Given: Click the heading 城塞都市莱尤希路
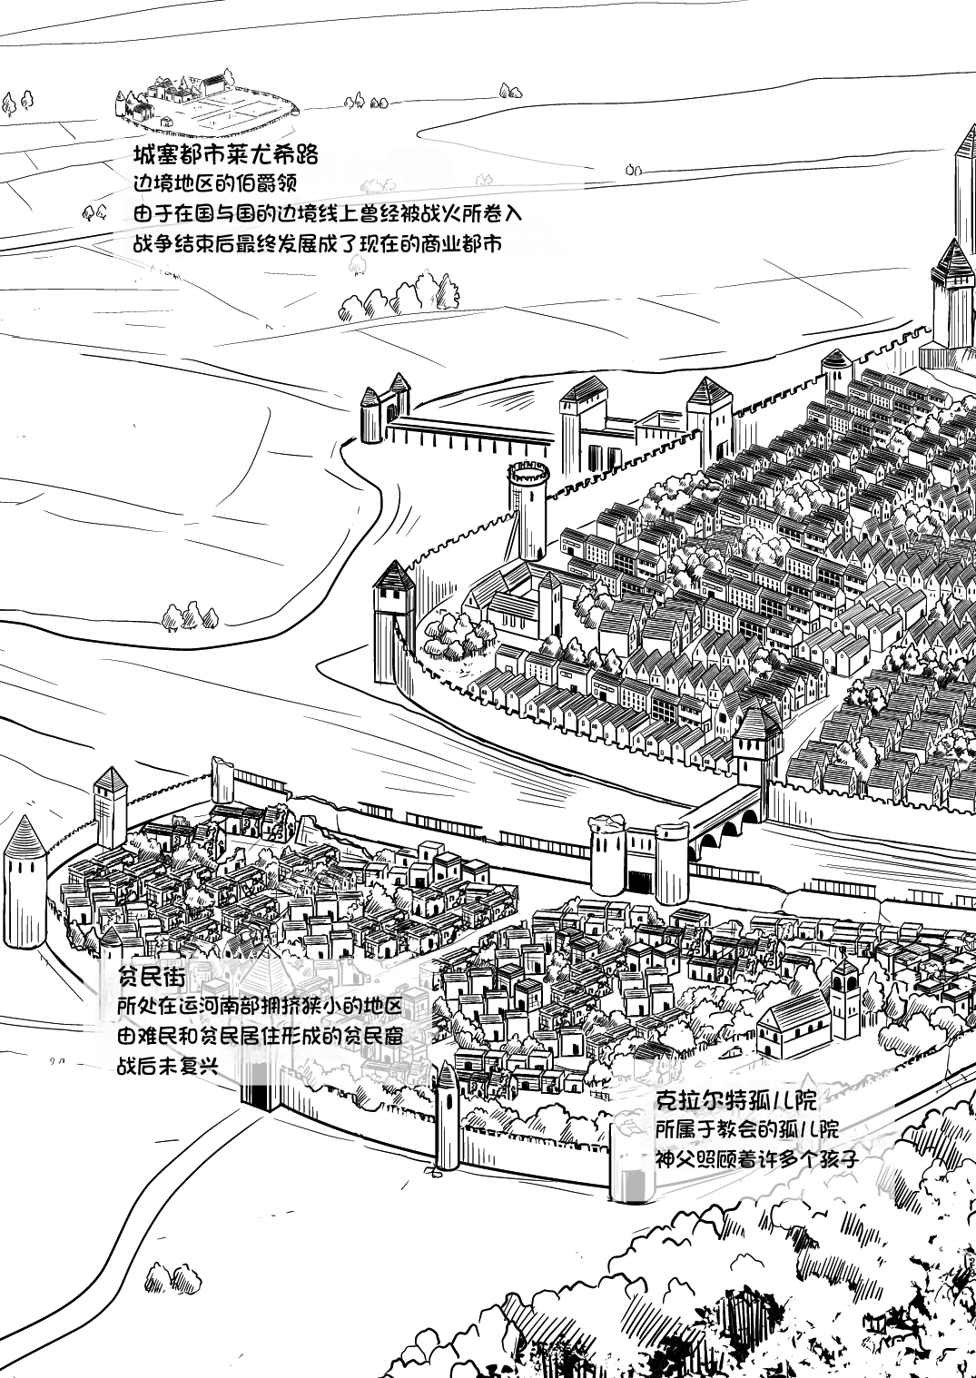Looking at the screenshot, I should pos(226,152).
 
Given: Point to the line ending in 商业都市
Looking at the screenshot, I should pos(316,243).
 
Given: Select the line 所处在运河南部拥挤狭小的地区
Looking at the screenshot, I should pos(260,1008).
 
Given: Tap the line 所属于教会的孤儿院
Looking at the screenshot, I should pos(746,1129).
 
